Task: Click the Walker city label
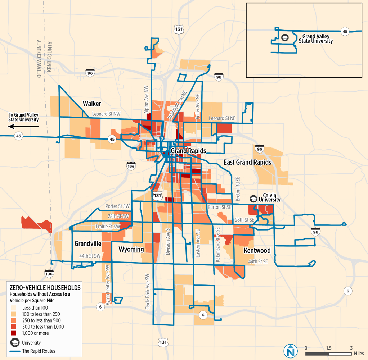[92, 104]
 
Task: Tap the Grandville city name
[87, 243]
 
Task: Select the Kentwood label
[257, 251]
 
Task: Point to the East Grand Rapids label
[247, 162]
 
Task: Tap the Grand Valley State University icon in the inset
[284, 37]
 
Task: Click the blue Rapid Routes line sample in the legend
[15, 351]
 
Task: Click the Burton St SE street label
[219, 207]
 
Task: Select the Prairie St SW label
[108, 227]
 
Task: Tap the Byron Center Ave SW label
[108, 281]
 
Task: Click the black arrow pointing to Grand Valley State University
[24, 126]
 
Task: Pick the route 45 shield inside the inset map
[345, 32]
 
